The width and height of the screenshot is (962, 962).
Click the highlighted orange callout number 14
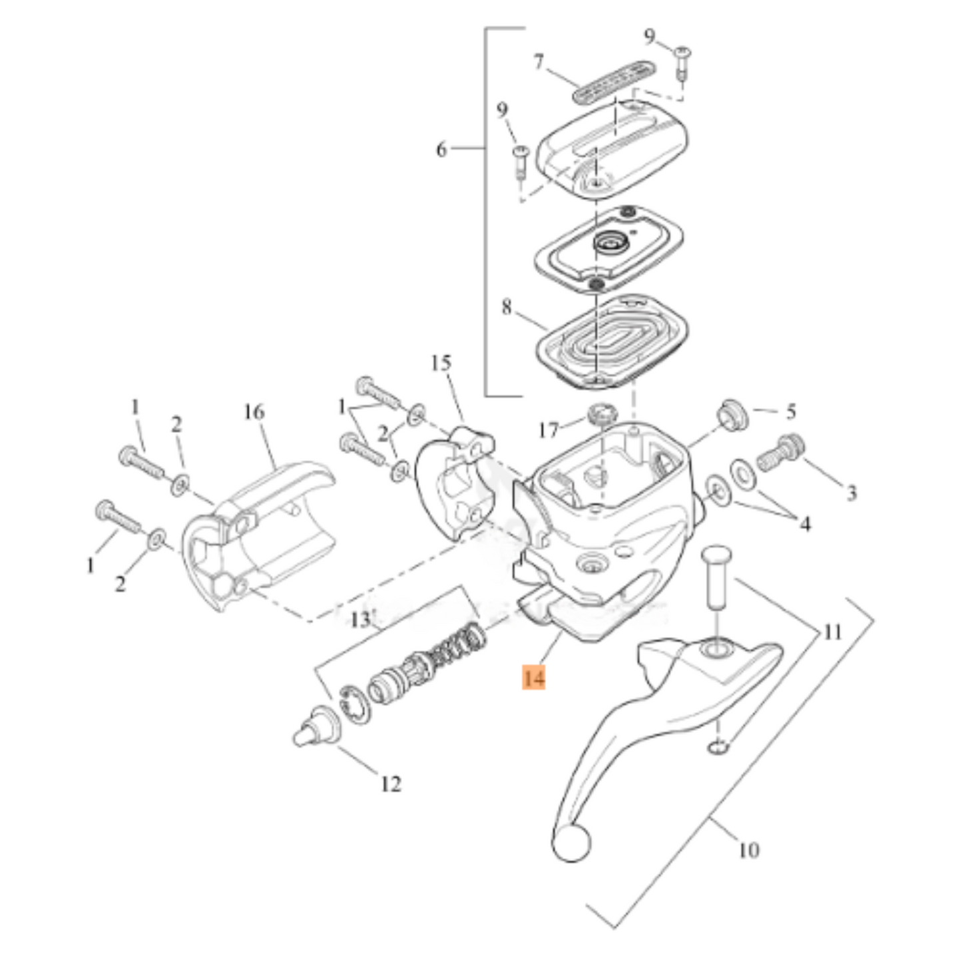(534, 678)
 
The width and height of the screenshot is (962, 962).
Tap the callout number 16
(254, 413)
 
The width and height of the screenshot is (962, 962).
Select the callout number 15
(441, 363)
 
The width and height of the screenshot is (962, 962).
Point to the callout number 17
(548, 431)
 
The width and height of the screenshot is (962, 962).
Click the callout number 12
(391, 784)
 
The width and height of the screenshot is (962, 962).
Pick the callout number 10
(748, 850)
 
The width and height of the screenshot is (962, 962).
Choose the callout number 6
(441, 150)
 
